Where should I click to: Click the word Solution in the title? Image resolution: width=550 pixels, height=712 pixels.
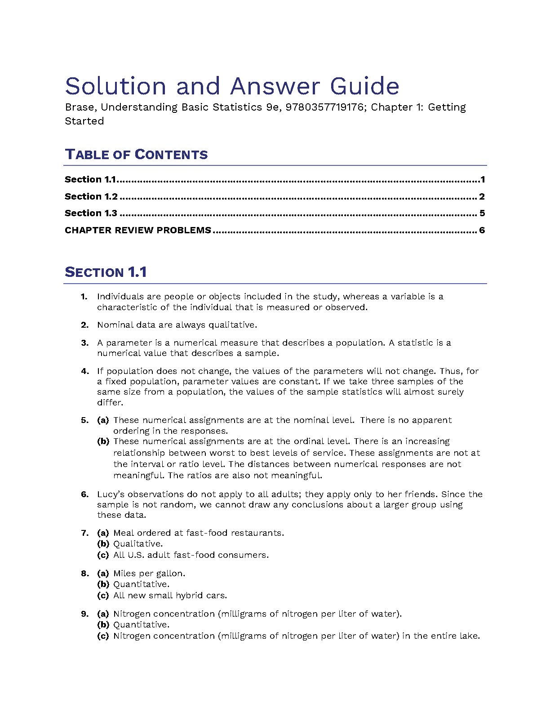click(115, 86)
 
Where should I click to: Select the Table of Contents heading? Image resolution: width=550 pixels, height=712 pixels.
click(136, 155)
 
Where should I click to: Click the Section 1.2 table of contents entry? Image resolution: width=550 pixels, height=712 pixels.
click(91, 196)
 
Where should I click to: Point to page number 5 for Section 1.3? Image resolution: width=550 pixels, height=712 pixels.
click(482, 214)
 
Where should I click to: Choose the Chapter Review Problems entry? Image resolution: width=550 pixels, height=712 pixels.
click(138, 231)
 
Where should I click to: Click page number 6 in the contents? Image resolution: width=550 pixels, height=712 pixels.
click(482, 231)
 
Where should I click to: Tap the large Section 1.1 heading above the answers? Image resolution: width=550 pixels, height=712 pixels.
click(106, 272)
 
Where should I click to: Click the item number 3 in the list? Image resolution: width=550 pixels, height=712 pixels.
click(84, 343)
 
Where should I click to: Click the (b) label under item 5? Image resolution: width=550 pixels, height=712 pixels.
click(103, 441)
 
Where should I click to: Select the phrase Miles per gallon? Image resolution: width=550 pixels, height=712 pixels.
click(149, 574)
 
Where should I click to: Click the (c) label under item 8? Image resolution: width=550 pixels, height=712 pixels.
click(103, 596)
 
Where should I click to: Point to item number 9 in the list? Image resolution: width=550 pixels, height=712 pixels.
click(84, 614)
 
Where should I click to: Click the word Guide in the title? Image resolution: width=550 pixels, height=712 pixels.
click(364, 86)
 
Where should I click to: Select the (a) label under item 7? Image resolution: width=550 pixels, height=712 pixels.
click(103, 533)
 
